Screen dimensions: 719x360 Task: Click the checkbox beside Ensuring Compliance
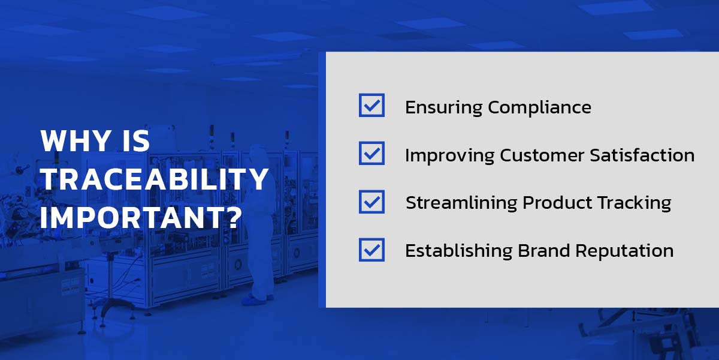371,105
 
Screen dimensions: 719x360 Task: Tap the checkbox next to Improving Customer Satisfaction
371,153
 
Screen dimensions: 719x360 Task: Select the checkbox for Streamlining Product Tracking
371,202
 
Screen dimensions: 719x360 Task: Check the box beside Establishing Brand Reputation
371,250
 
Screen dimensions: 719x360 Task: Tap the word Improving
449,156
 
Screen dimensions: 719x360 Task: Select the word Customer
542,155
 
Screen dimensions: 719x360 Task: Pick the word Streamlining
461,203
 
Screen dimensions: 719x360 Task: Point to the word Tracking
635,203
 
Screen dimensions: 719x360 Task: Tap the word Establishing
458,251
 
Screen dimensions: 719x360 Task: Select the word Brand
544,251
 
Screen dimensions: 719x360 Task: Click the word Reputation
624,251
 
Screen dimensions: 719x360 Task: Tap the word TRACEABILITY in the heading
155,179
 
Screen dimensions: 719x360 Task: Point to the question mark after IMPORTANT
231,218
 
